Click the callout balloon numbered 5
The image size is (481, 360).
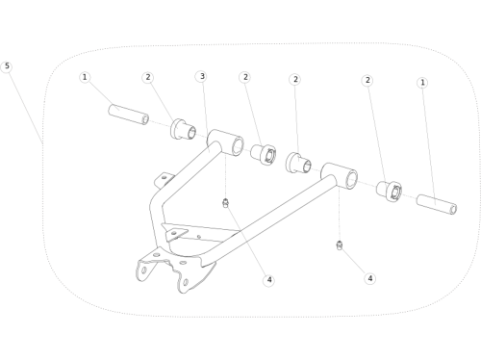(x=7, y=66)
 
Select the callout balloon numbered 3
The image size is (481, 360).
(x=202, y=76)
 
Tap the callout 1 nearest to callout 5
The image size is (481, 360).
(x=85, y=77)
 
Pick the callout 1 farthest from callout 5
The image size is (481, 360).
(x=422, y=83)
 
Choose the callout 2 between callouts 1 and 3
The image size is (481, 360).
(x=148, y=77)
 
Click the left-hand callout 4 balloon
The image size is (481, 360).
(x=268, y=280)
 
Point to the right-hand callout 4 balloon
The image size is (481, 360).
(x=370, y=278)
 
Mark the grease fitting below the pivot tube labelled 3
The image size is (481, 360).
(x=225, y=203)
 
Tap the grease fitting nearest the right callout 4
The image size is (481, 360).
(x=340, y=245)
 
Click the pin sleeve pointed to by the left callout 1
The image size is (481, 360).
(x=128, y=115)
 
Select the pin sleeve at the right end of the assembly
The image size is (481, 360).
(x=437, y=204)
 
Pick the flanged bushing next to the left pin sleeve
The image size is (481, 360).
(x=183, y=129)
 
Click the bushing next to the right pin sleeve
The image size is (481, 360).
(x=389, y=192)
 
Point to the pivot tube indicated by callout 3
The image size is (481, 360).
(x=225, y=142)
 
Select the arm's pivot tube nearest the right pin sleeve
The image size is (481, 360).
(x=340, y=176)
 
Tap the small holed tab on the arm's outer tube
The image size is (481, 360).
(x=164, y=180)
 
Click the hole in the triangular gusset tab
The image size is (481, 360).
(x=174, y=233)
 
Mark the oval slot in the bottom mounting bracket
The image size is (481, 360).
(x=144, y=270)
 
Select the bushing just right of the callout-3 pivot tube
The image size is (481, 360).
(x=263, y=155)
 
